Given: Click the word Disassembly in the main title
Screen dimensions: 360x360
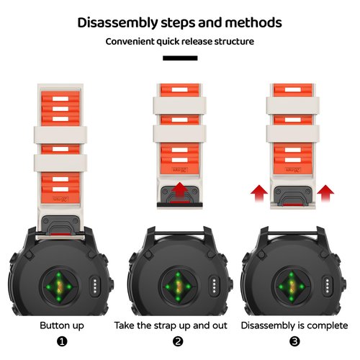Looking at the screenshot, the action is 117,23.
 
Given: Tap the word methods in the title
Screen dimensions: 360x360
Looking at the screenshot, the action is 253,22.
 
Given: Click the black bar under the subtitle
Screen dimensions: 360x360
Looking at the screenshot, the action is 180,58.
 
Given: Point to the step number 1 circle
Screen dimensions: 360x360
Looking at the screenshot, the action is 62,341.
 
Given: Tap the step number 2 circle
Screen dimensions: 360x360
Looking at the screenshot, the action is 178,341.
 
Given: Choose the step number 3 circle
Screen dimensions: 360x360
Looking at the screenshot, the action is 294,341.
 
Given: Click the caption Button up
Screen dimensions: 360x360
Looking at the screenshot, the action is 62,325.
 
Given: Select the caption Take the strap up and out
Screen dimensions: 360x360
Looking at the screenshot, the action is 171,325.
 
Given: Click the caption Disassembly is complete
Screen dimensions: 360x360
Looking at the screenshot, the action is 294,325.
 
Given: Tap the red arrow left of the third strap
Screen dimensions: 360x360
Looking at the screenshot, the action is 259,193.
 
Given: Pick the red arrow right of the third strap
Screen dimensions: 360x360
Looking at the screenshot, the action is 325,193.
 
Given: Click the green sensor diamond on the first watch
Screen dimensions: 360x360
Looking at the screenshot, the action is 59,287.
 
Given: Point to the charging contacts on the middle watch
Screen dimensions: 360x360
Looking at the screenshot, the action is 215,286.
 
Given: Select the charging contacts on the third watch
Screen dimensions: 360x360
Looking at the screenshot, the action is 328,286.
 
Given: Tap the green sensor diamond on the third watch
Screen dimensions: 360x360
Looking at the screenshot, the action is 292,287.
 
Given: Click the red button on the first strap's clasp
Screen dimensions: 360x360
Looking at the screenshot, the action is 60,234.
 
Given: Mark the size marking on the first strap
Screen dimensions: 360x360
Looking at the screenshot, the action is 60,199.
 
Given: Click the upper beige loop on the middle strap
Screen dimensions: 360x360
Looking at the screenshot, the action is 180,106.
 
